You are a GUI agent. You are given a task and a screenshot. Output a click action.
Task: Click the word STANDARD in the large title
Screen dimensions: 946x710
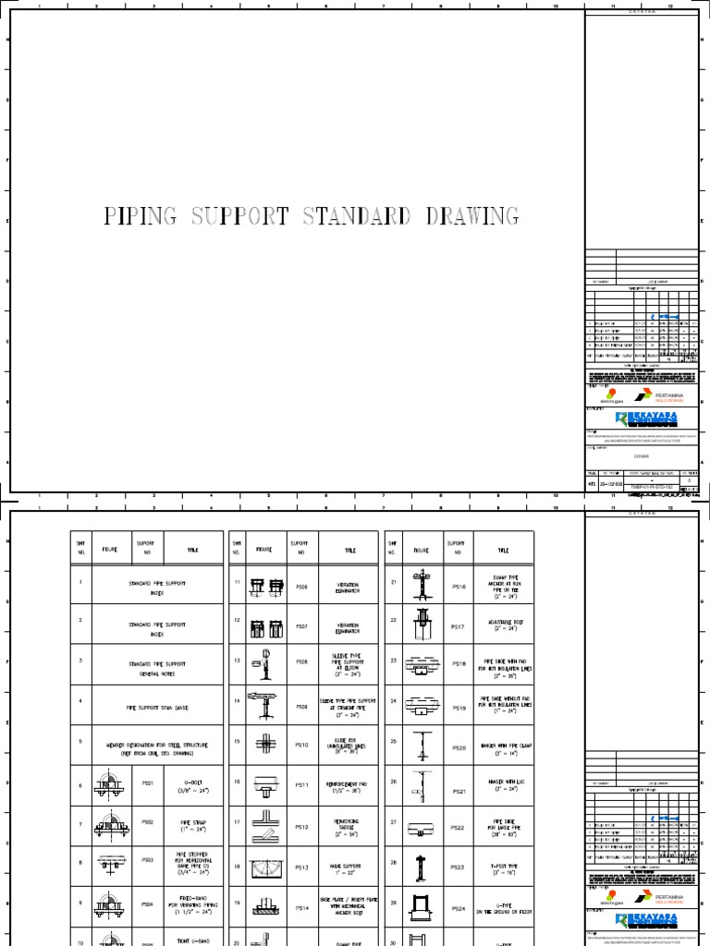(x=352, y=217)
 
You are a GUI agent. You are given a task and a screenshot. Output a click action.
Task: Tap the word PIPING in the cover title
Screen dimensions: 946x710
(x=141, y=217)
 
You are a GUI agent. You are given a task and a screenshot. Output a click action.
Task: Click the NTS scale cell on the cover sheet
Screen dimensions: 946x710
(x=593, y=483)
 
